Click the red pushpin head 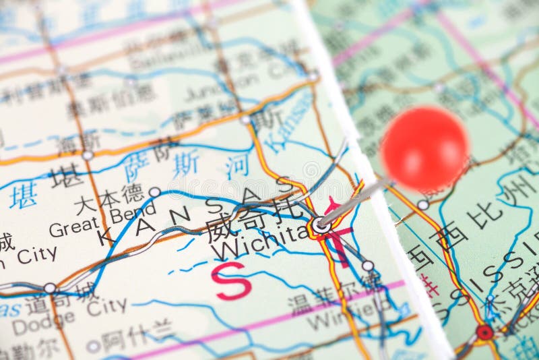424,148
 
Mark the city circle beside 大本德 154,192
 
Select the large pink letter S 231,280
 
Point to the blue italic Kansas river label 288,121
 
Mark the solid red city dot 484,332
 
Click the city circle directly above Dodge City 50,289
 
